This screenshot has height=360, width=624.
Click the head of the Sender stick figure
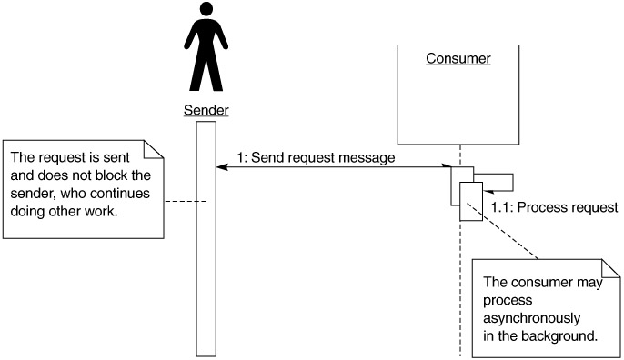(206, 9)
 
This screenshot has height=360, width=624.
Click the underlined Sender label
(206, 110)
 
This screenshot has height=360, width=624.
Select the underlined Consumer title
(458, 58)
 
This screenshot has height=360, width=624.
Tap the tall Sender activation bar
(206, 239)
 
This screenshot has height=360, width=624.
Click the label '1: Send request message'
(316, 157)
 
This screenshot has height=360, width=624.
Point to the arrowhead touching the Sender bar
(222, 167)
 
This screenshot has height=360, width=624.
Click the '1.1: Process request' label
(554, 207)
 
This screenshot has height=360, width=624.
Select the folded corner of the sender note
(154, 149)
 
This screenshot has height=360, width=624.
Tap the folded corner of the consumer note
(611, 268)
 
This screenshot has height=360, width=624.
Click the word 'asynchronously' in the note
(531, 318)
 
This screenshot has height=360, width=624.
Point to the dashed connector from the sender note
(186, 201)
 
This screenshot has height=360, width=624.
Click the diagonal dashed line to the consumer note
(503, 231)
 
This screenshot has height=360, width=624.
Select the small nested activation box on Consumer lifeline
(471, 201)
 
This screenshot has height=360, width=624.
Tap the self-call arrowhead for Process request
(488, 191)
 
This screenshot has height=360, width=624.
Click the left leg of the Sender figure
(197, 74)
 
